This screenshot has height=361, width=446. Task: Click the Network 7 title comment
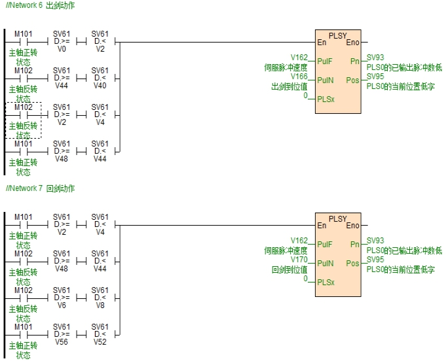coord(39,188)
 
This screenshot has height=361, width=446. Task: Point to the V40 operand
coord(100,85)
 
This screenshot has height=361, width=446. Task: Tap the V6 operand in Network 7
coord(62,305)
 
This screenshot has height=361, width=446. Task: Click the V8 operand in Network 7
coord(100,305)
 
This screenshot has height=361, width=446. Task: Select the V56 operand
coord(62,341)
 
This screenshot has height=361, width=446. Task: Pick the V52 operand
coord(100,341)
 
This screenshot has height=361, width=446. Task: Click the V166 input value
coord(299,76)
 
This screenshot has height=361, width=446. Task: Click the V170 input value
coord(299,259)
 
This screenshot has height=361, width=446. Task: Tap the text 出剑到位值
coord(289,86)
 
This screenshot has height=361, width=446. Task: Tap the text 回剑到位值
coord(289,269)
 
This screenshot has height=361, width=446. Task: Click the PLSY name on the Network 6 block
coord(337,35)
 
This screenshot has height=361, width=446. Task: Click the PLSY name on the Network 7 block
coord(337,218)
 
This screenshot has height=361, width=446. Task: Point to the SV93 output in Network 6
coord(375,58)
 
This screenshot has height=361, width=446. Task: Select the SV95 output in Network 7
coord(375,259)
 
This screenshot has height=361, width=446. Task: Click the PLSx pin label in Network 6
coord(325,99)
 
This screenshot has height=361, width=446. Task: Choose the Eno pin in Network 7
coord(352,226)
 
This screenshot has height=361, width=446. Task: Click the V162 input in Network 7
coord(299,241)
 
